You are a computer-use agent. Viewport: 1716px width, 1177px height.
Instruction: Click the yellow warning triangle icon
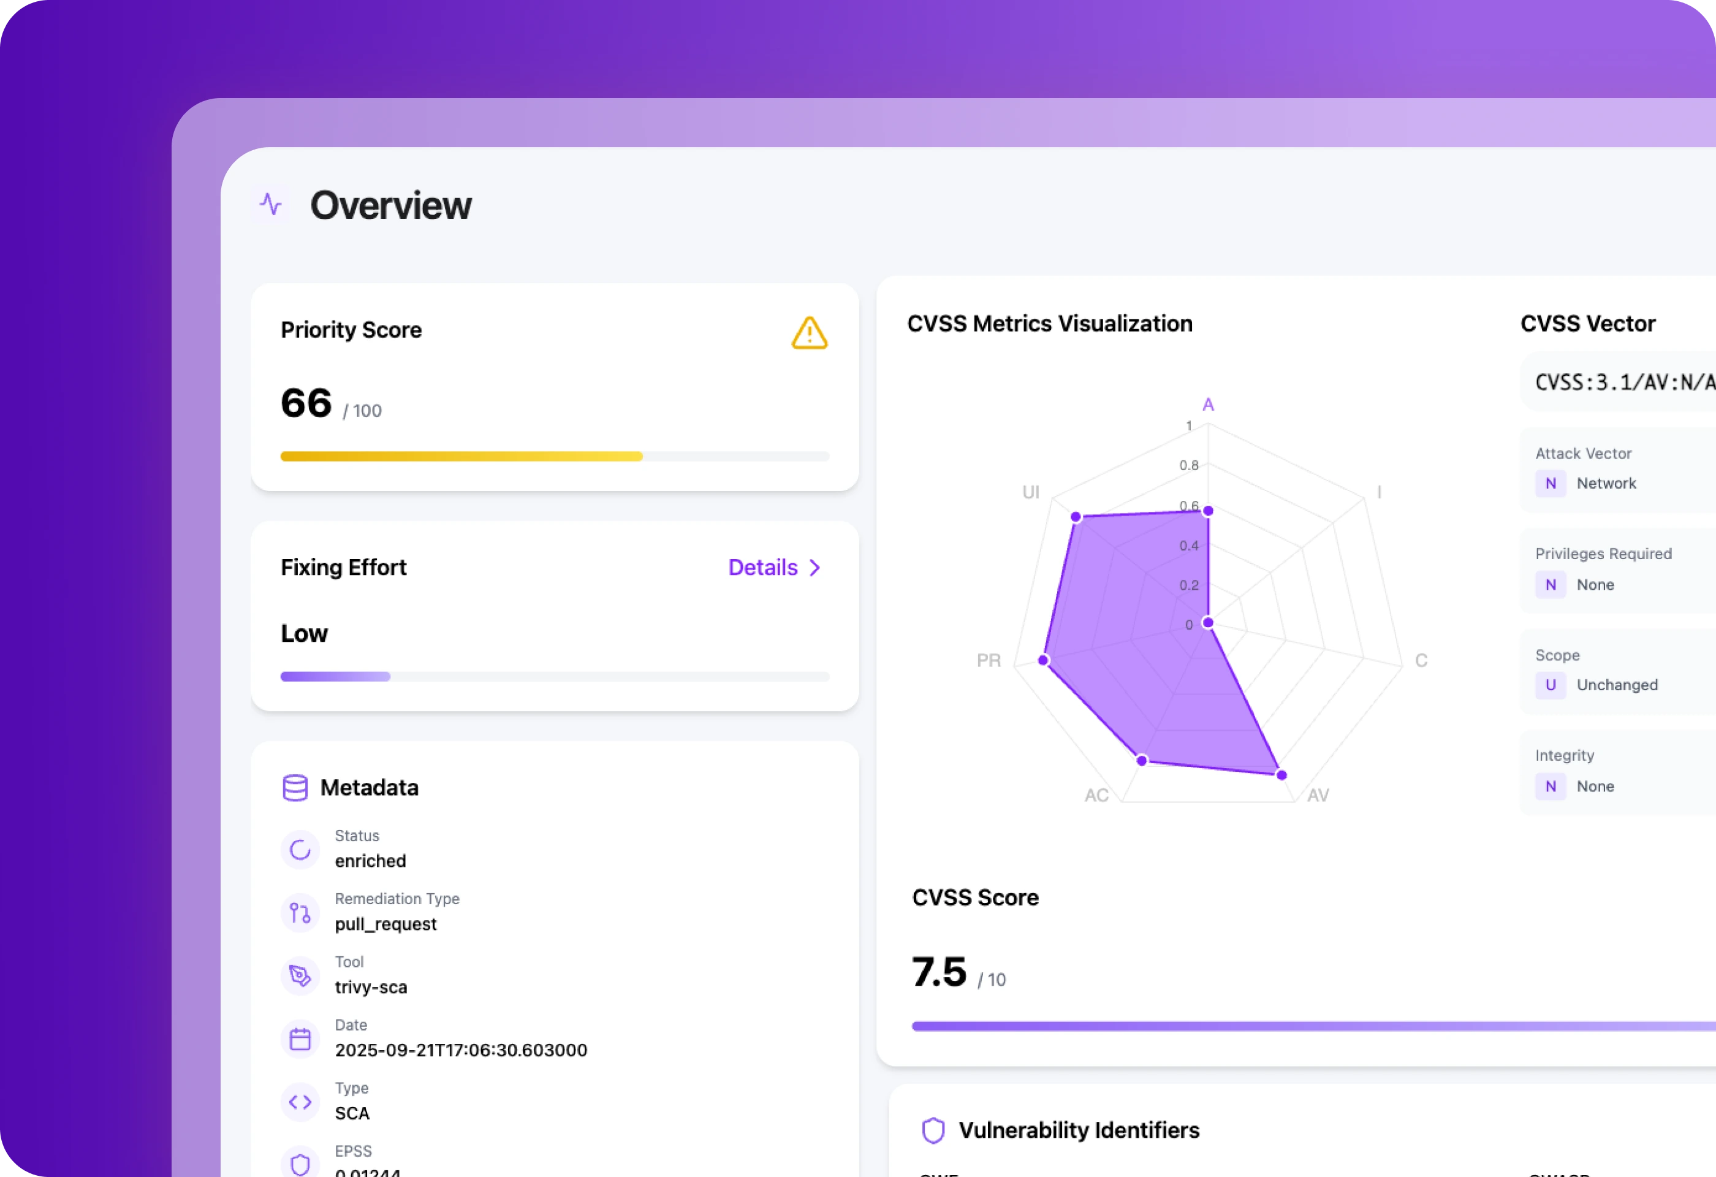click(809, 333)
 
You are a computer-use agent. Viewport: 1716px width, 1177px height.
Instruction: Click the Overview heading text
click(390, 205)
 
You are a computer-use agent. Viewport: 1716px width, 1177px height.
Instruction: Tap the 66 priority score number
click(306, 403)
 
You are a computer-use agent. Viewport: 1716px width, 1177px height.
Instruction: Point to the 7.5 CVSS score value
click(938, 972)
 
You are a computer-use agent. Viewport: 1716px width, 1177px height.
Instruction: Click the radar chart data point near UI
click(1076, 517)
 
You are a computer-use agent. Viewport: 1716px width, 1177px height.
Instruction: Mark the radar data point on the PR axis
click(1043, 660)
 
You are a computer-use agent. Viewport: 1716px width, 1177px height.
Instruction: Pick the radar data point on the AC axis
click(1142, 760)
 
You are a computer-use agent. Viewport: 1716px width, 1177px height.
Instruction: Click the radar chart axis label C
click(1421, 660)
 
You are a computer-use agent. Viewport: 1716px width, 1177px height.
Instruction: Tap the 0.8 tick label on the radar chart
click(1188, 465)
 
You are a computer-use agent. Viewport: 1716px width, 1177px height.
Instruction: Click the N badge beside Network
click(1551, 483)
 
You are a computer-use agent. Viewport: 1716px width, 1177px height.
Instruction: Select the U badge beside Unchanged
click(1551, 685)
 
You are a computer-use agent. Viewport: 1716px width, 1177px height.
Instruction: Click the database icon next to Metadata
click(295, 788)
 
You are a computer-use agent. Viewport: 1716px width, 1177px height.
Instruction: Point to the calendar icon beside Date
click(300, 1039)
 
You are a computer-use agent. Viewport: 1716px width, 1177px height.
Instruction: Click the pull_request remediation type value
click(385, 924)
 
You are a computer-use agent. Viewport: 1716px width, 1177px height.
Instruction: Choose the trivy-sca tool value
click(371, 987)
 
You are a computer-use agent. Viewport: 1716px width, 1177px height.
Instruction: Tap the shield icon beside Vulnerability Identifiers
click(933, 1130)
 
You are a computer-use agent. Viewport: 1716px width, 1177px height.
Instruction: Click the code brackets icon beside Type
click(300, 1102)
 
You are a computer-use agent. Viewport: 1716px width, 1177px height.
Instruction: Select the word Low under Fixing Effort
click(304, 633)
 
